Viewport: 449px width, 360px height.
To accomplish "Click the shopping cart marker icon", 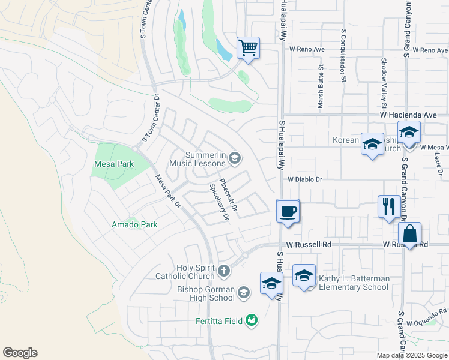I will (x=248, y=47).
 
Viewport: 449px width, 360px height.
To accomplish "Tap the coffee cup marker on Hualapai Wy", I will (x=289, y=211).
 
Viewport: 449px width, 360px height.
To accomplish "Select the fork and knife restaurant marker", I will (x=388, y=206).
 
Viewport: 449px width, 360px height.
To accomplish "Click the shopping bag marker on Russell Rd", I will (x=409, y=234).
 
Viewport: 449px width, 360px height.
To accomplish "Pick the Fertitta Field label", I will (x=218, y=320).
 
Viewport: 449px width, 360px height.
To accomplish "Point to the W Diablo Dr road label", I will (x=305, y=179).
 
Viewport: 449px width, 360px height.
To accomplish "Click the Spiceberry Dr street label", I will (x=218, y=202).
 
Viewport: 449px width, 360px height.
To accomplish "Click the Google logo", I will (x=20, y=353).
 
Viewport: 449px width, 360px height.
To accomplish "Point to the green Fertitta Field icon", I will (x=252, y=321).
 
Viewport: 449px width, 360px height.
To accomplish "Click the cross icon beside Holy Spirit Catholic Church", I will (x=224, y=271).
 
